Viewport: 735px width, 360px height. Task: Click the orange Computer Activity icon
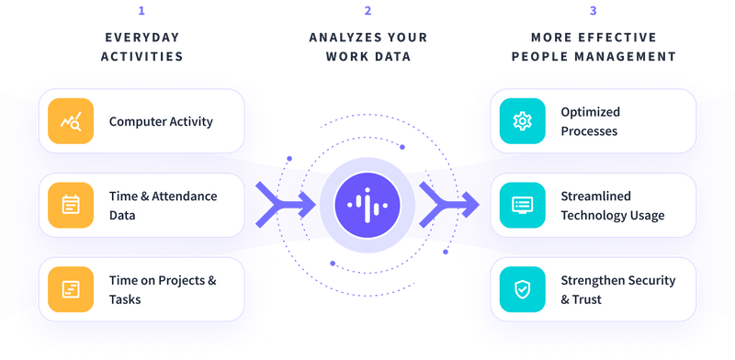[71, 121]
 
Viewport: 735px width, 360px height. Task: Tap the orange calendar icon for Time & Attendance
[71, 205]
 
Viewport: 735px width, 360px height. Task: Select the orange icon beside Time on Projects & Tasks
[71, 289]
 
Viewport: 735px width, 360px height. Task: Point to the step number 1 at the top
[141, 12]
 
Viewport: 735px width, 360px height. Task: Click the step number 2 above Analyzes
[367, 12]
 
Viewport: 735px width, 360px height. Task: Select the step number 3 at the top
[593, 12]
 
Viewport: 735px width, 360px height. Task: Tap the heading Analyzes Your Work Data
[367, 48]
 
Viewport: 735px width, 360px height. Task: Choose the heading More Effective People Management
[593, 48]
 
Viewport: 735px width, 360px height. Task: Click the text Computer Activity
[161, 121]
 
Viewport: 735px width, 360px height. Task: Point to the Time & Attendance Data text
[163, 205]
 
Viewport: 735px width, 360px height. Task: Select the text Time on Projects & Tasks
[163, 289]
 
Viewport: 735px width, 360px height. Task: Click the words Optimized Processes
[590, 121]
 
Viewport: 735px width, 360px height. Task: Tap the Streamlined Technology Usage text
[613, 205]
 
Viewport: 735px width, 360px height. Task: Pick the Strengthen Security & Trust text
[617, 289]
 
